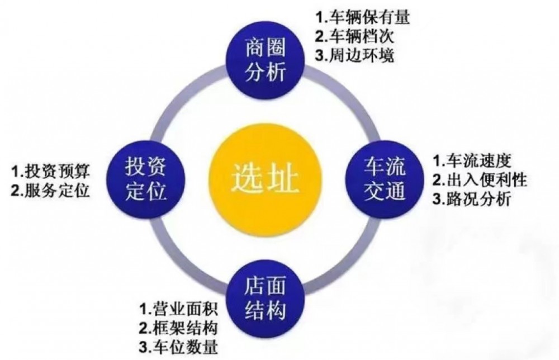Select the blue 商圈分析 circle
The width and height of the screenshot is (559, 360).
coord(266,60)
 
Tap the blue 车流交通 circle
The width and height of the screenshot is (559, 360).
coord(385,178)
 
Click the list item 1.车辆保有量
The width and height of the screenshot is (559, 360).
coord(362,17)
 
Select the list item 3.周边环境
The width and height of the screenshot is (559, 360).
coord(354,55)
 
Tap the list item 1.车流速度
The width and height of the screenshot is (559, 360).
coord(472,160)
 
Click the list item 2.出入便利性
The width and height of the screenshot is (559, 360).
coord(480,179)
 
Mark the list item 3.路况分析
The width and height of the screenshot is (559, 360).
coord(472,198)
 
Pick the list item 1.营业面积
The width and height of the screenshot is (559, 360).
coord(178,309)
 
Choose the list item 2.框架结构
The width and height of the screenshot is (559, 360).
coord(178,328)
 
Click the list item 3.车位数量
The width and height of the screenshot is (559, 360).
coord(178,347)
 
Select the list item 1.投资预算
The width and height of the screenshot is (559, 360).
coord(50,171)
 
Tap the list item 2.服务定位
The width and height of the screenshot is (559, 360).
coord(50,191)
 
